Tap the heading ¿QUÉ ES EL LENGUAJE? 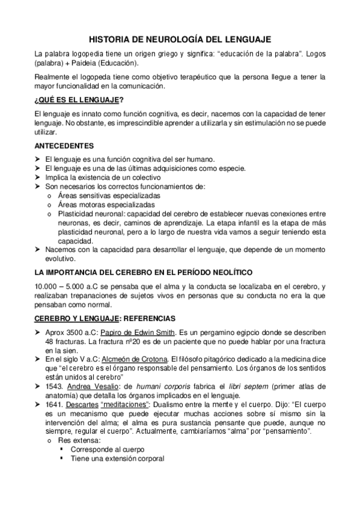(79, 99)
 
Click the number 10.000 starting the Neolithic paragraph (47, 287)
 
